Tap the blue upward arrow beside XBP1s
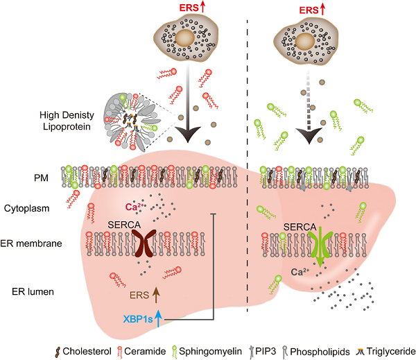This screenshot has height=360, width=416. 159,318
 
